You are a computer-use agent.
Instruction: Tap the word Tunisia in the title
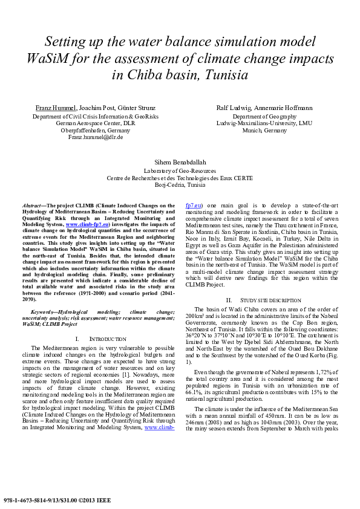coord(240,76)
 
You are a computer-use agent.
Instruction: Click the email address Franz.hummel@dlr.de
coord(96,137)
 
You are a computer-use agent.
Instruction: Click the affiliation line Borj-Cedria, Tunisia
coord(180,185)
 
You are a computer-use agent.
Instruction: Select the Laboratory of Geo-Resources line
coord(180,171)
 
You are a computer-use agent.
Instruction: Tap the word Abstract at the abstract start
coord(34,206)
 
